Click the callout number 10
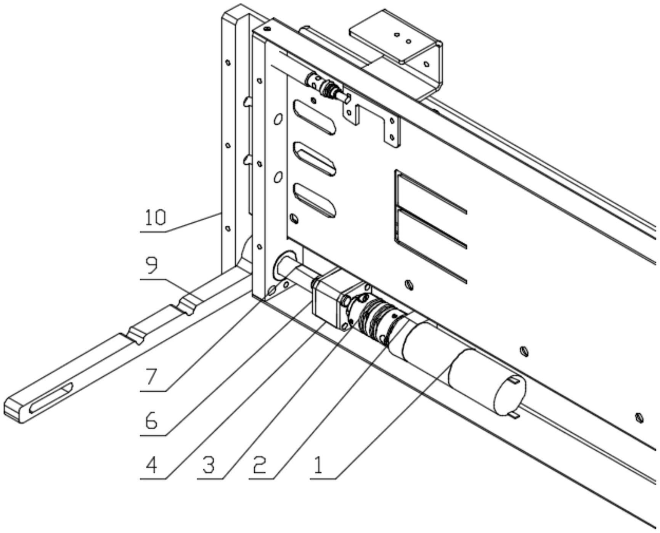pos(156,218)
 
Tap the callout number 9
pos(151,265)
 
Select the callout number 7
pos(151,377)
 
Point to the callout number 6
pos(151,421)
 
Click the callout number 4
pos(151,466)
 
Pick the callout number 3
pos(209,466)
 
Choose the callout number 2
pos(260,466)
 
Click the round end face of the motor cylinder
pos(510,395)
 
